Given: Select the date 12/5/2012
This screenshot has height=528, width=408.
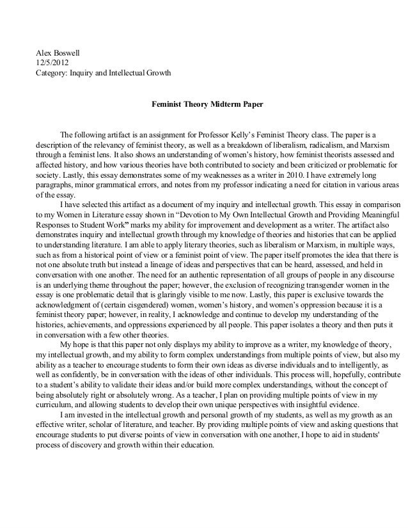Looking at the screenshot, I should point(49,63).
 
